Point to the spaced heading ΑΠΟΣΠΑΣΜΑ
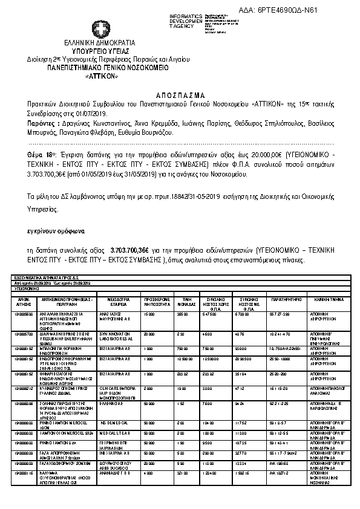tap(180, 95)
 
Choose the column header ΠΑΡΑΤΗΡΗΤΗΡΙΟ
tap(283, 299)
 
